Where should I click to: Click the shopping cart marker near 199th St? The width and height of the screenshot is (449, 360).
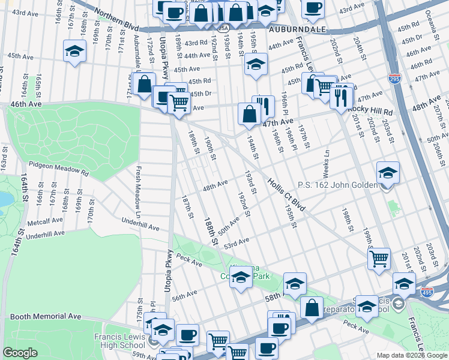coord(378,259)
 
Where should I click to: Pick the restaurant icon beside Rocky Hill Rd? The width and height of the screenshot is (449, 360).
coord(342,95)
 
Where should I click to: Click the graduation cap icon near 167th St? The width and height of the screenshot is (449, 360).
coord(74,52)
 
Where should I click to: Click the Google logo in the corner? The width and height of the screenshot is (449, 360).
coord(20,353)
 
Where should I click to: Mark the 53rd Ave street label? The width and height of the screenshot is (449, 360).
coord(236,241)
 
